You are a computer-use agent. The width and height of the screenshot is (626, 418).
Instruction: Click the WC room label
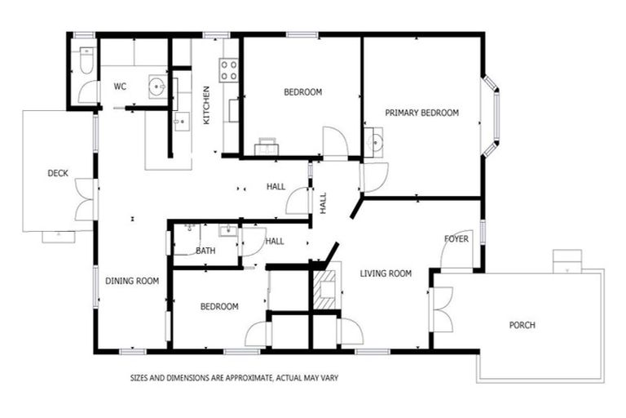click(120, 86)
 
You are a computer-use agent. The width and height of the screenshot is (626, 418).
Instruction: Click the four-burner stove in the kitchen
click(229, 70)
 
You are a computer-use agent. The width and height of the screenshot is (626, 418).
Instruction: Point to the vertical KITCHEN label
click(206, 104)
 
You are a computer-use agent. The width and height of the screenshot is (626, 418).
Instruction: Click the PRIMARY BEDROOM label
click(421, 113)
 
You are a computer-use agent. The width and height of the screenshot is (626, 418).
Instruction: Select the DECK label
click(58, 173)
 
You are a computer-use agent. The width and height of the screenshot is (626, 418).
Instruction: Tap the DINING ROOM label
click(132, 282)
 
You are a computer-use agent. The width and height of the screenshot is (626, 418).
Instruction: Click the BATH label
click(205, 251)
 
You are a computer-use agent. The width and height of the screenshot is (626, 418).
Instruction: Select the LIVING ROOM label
click(386, 273)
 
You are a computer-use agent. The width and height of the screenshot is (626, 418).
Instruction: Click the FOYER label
click(456, 239)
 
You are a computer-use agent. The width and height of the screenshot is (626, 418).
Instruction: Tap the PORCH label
click(522, 325)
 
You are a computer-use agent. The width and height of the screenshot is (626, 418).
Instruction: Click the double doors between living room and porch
click(440, 309)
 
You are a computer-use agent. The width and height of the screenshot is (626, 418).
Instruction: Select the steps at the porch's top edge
click(566, 261)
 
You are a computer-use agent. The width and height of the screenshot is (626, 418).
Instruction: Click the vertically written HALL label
click(323, 202)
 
